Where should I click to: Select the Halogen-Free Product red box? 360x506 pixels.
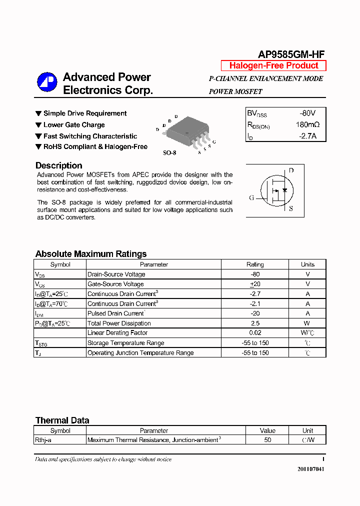tap(273, 65)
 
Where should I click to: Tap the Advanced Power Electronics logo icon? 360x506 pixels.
tap(47, 82)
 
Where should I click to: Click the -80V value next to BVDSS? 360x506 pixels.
tap(307, 113)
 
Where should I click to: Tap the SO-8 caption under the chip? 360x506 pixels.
tap(169, 152)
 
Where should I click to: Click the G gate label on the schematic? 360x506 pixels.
tap(252, 197)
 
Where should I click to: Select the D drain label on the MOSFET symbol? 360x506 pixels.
tap(291, 170)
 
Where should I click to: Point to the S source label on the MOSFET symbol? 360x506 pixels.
tap(291, 209)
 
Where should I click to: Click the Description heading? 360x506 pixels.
tap(58, 165)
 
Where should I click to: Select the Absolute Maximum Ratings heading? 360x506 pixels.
tap(90, 254)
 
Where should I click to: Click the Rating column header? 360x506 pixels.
tap(255, 264)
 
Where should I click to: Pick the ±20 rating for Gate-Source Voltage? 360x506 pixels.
tap(255, 284)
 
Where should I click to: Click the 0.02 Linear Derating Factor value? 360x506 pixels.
tap(255, 333)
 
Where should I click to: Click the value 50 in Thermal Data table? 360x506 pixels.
tap(267, 440)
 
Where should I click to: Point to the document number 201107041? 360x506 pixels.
tap(310, 469)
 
